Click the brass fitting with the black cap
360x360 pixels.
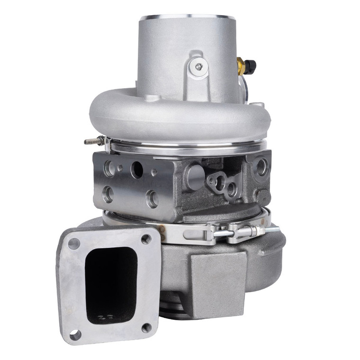click(x=246, y=66)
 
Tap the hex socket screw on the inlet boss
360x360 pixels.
click(x=198, y=67)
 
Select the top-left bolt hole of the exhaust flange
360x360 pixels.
click(x=74, y=244)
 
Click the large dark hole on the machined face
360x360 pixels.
click(x=137, y=170)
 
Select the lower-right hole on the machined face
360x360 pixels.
click(x=152, y=198)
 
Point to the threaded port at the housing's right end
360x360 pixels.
click(x=261, y=167)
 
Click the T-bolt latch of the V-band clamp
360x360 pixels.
click(x=237, y=232)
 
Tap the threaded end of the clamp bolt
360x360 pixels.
click(x=272, y=230)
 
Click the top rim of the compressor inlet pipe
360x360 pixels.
click(x=187, y=17)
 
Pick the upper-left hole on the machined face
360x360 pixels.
click(x=108, y=168)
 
